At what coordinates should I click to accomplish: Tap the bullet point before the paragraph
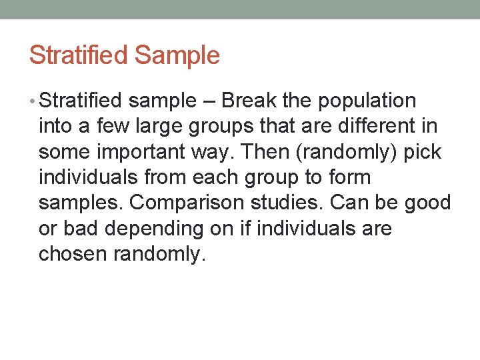pyautogui.click(x=33, y=101)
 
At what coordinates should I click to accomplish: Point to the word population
pyautogui.click(x=367, y=101)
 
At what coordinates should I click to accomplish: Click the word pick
pyautogui.click(x=425, y=152)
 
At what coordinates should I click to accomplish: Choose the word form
pyautogui.click(x=354, y=177)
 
